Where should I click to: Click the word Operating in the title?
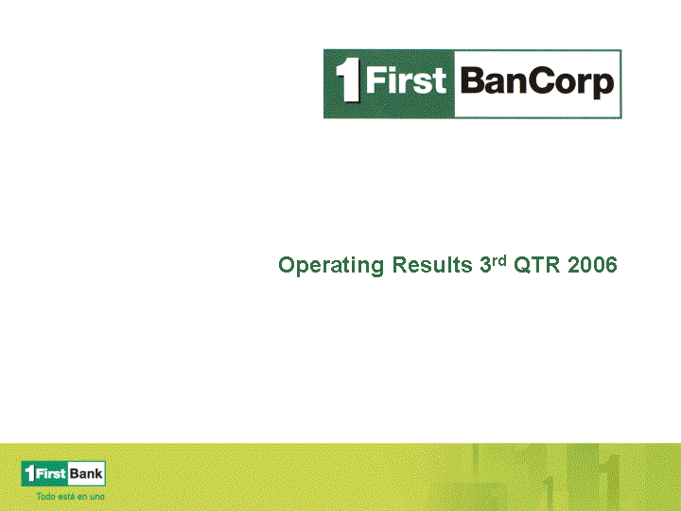tap(331, 266)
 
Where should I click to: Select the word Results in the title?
tap(432, 265)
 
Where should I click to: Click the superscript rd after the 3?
tap(499, 261)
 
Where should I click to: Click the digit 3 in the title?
tap(485, 265)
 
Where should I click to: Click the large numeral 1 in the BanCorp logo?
tap(348, 80)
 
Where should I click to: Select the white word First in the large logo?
tap(406, 80)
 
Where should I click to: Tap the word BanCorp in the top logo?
tap(537, 82)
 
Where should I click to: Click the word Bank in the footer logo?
tap(86, 474)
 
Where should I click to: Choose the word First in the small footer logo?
tap(50, 473)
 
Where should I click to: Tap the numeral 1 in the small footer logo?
tap(29, 473)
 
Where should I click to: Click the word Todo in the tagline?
tap(45, 496)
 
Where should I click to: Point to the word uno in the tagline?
tap(97, 497)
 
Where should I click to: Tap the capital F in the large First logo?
tap(375, 79)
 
